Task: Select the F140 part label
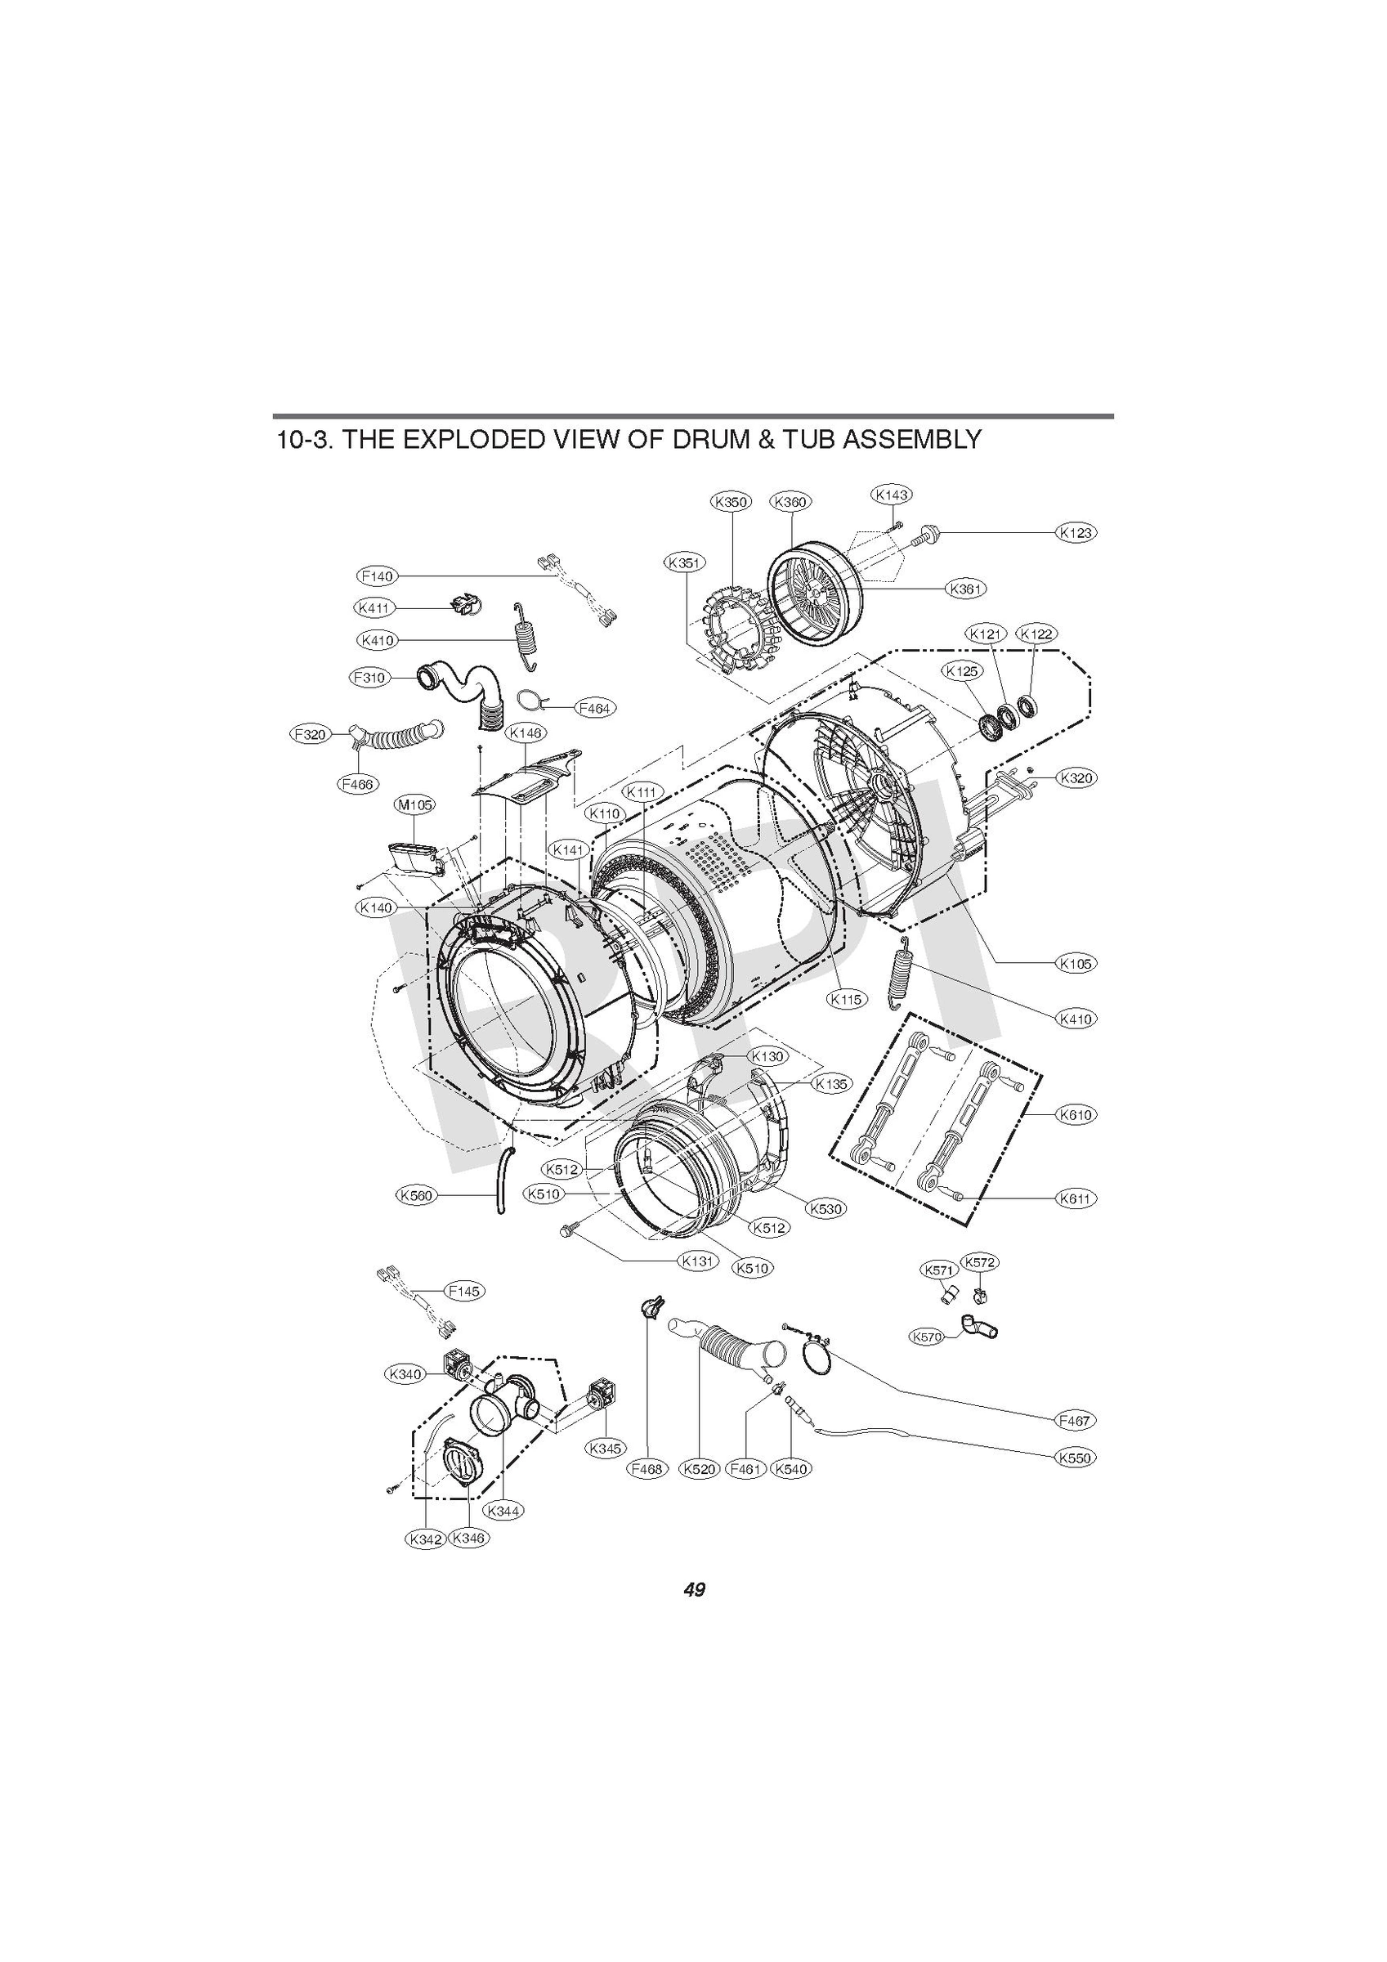tap(377, 576)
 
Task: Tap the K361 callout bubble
tap(966, 588)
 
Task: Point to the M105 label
tap(414, 805)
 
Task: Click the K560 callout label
tap(416, 1195)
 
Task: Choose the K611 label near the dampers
tap(1076, 1198)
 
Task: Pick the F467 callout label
tap(1074, 1420)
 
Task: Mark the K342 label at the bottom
tap(426, 1539)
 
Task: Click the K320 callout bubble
tap(1076, 777)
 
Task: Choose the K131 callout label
tap(698, 1261)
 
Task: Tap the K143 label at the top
tap(892, 494)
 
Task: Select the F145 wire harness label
tap(463, 1291)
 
